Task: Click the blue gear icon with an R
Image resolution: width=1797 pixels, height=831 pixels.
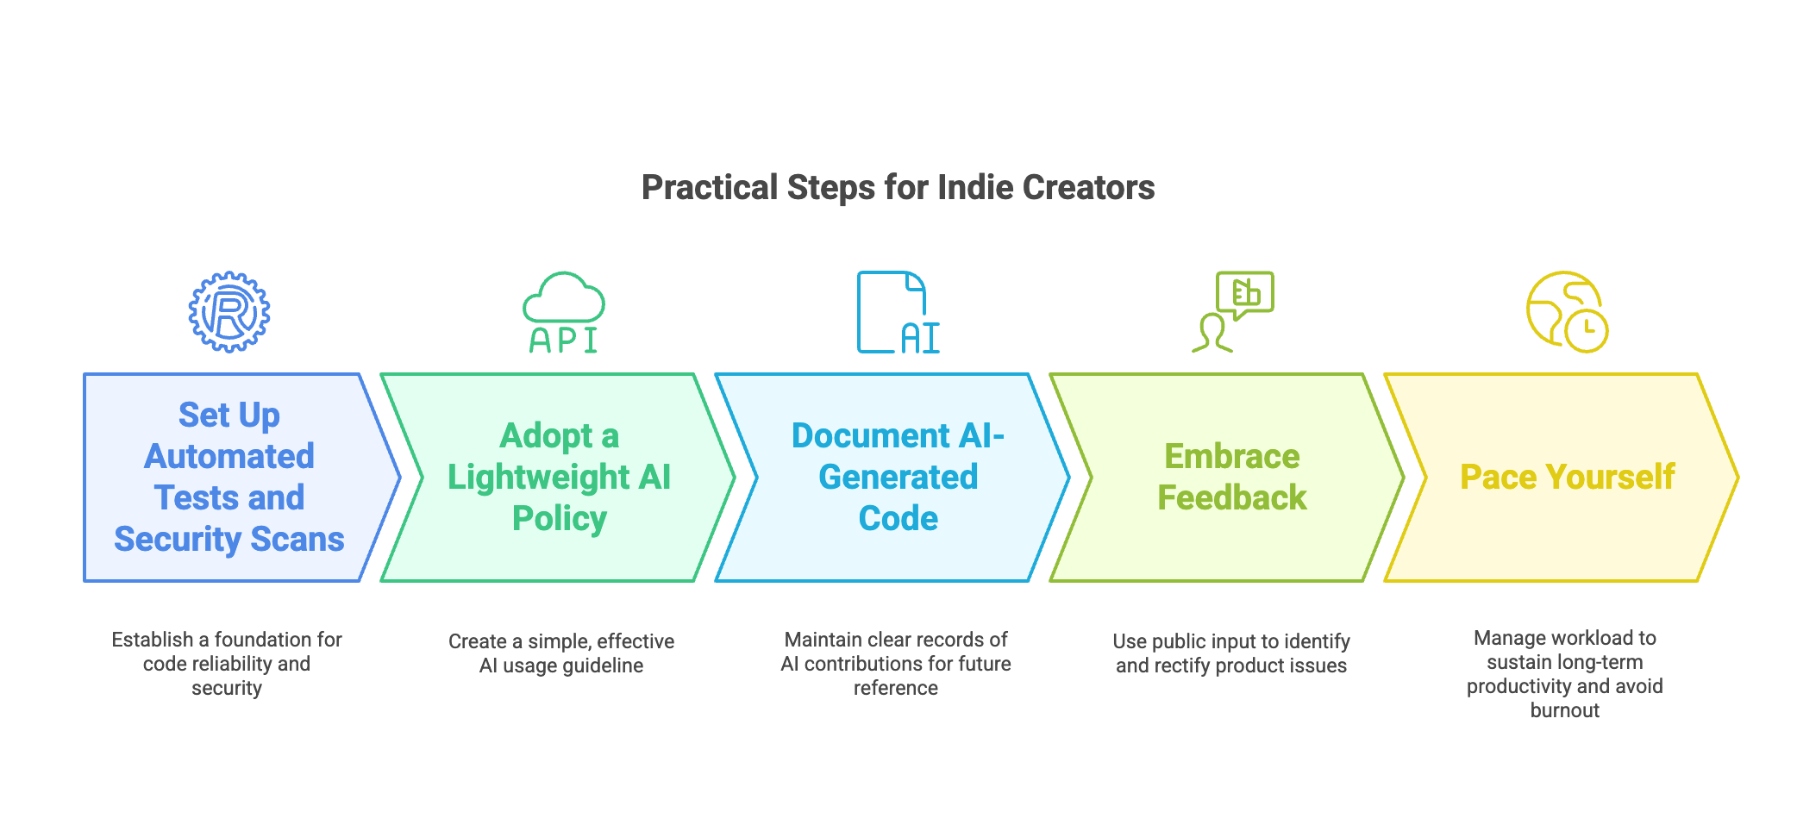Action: (229, 312)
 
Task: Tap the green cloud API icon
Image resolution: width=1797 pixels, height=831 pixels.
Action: (564, 312)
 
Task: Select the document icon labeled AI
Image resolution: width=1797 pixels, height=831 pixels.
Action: (898, 312)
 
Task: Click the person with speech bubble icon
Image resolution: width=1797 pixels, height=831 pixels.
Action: (1232, 312)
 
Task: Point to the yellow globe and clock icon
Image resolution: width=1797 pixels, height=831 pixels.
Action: (1567, 312)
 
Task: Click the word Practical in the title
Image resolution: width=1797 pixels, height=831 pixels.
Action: (710, 188)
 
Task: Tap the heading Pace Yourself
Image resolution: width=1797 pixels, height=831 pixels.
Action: (1567, 477)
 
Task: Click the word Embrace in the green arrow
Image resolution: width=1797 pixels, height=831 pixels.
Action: (1232, 456)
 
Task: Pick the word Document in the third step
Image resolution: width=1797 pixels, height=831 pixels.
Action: (871, 435)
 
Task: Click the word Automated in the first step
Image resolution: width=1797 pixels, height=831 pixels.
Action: (229, 456)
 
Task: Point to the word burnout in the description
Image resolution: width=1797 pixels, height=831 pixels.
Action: (1565, 710)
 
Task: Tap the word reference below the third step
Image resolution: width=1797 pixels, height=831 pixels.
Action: (896, 688)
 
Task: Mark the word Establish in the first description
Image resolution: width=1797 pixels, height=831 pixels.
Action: (153, 640)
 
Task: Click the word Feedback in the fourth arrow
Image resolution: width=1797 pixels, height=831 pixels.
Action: (1232, 497)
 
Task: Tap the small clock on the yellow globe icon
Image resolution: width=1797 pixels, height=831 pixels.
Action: (1587, 330)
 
